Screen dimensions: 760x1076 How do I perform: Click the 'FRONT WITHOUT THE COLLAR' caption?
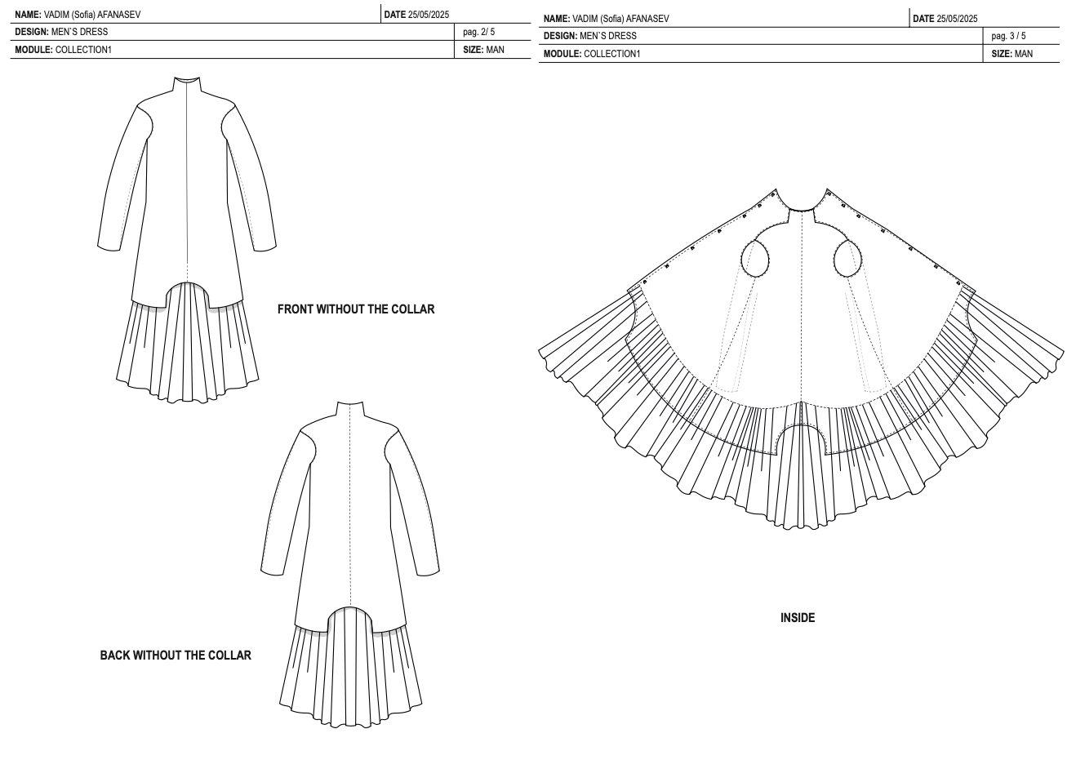pyautogui.click(x=356, y=309)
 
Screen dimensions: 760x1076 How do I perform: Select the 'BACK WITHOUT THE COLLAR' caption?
pyautogui.click(x=176, y=656)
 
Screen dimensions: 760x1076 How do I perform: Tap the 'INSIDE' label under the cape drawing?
pyautogui.click(x=798, y=618)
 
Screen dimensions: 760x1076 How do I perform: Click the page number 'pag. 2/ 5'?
pyautogui.click(x=479, y=33)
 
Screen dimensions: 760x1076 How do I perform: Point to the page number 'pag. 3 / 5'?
pyautogui.click(x=1008, y=36)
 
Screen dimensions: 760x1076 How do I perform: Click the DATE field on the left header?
pyautogui.click(x=416, y=15)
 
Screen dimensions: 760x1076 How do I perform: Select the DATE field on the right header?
pyautogui.click(x=945, y=19)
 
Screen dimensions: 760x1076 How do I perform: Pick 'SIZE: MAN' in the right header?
pyautogui.click(x=1012, y=54)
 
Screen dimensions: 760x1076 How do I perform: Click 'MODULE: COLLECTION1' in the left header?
pyautogui.click(x=63, y=50)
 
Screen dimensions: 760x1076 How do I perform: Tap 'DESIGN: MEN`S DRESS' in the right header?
pyautogui.click(x=590, y=36)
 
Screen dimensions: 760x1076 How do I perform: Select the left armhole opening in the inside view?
pyautogui.click(x=756, y=259)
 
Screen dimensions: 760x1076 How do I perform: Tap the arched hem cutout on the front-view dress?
pyautogui.click(x=188, y=291)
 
